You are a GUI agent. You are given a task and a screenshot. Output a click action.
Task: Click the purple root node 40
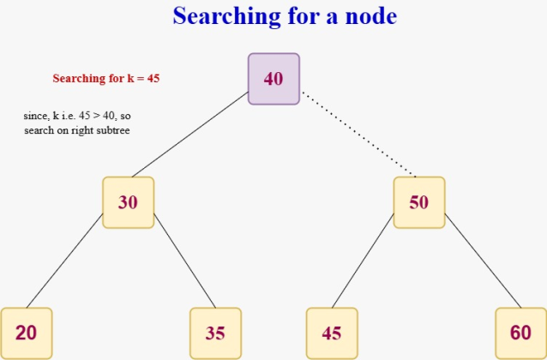coord(273,79)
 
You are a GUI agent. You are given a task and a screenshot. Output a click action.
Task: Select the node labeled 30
coord(128,202)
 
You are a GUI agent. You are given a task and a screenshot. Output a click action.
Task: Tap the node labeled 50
coord(419,202)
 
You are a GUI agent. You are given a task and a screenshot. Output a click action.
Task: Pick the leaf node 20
coord(26,333)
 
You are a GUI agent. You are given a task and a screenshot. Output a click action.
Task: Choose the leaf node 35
coord(215,333)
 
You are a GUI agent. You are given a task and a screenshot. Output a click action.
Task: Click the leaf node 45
coord(332,333)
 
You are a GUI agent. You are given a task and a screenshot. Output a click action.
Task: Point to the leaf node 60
coord(520,333)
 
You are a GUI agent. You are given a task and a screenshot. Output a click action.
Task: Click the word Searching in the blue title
coord(225,15)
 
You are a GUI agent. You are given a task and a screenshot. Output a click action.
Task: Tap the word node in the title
coord(369,15)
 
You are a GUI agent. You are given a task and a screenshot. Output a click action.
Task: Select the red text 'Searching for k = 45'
coord(106,78)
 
